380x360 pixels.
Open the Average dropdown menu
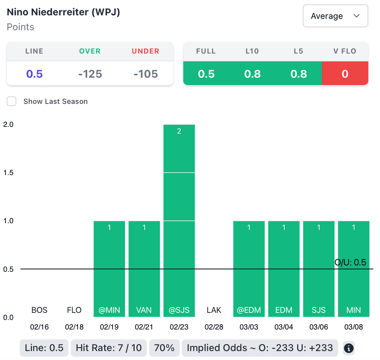[x=335, y=16]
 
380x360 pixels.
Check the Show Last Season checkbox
[x=12, y=101]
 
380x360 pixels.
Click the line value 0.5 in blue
[x=34, y=74]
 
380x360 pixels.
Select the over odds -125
[x=90, y=74]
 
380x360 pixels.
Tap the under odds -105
[x=145, y=74]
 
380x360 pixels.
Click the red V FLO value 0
[x=345, y=74]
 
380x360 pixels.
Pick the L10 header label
[x=252, y=51]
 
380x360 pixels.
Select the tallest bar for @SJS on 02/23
[x=179, y=221]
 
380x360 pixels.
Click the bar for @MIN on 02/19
[x=109, y=269]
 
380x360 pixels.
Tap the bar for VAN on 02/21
[x=144, y=269]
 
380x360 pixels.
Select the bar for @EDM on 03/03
[x=249, y=269]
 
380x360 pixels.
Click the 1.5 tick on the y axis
[x=8, y=173]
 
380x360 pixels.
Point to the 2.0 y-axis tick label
[x=8, y=125]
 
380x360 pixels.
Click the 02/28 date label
[x=214, y=327]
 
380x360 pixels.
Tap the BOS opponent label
[x=39, y=310]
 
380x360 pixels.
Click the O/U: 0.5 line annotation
[x=350, y=263]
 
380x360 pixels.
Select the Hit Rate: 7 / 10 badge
[x=109, y=348]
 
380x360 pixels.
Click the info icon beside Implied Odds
[x=348, y=348]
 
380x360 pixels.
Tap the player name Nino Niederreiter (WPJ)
[x=63, y=12]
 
